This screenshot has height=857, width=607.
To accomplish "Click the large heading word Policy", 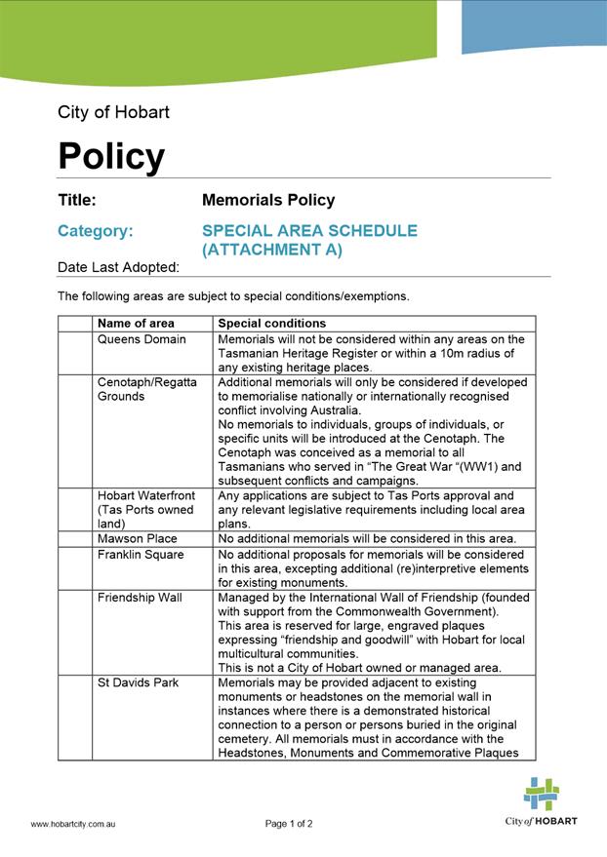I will coord(111,156).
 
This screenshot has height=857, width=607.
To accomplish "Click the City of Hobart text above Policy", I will coord(113,112).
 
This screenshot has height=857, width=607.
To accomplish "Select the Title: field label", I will coord(77,200).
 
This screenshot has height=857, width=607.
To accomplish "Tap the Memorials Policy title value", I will coord(268,200).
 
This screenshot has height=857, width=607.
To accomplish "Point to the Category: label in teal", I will coord(96,231).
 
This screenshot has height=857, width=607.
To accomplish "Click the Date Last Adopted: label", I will coord(118,267).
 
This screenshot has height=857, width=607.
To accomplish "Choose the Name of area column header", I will coord(136,323).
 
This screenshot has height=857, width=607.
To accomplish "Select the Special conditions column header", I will coord(271,323).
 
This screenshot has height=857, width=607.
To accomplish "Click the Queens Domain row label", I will coord(142,339).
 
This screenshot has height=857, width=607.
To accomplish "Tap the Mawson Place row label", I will coord(137,538).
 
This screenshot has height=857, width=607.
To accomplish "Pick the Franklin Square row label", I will coord(141,554).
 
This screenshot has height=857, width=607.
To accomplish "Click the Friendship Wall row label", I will coord(140,597).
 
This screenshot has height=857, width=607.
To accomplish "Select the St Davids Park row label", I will coord(138,682).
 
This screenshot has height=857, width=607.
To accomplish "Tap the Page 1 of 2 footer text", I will coord(289,824).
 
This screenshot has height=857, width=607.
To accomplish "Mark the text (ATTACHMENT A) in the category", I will coord(272,250).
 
